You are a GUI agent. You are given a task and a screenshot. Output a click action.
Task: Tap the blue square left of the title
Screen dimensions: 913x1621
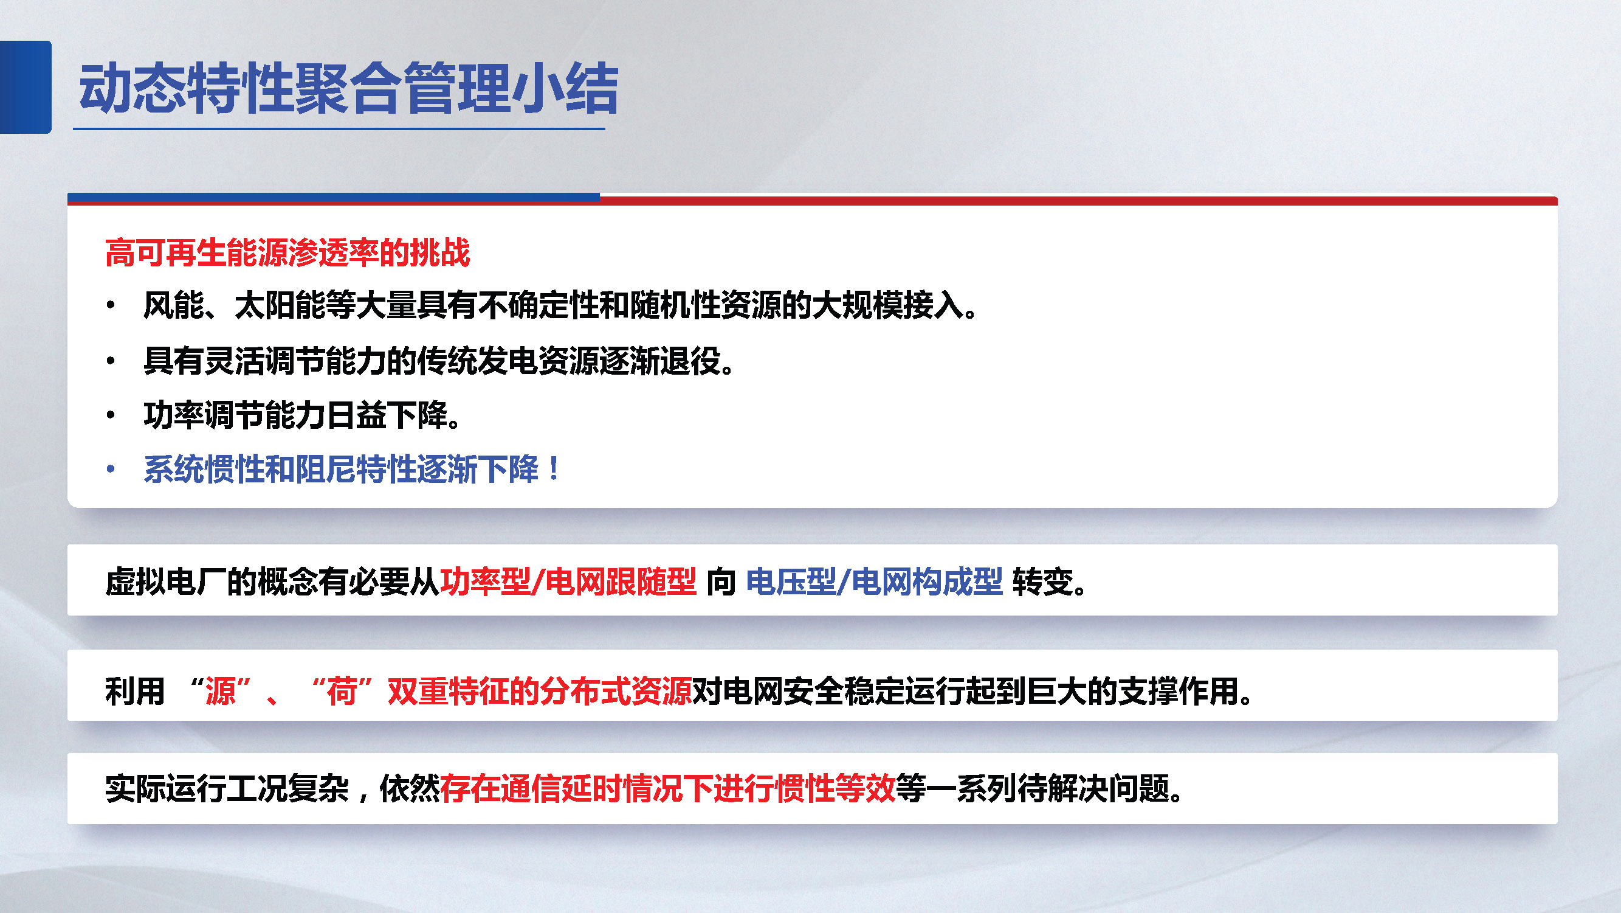tap(25, 87)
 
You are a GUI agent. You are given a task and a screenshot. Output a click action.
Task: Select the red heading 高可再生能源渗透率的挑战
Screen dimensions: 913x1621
tap(287, 252)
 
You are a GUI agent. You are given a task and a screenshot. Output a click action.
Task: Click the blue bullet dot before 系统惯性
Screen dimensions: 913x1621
tap(111, 469)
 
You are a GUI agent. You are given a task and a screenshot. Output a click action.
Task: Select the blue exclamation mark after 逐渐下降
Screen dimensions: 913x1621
tap(554, 469)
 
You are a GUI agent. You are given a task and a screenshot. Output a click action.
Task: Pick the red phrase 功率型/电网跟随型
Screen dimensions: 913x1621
tap(568, 580)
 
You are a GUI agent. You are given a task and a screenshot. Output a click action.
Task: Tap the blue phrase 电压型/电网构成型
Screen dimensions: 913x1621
tap(873, 580)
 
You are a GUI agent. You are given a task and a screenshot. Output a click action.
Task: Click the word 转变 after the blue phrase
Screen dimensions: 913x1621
tap(1042, 580)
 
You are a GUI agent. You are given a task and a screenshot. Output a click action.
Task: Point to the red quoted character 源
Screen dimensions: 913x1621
tap(220, 692)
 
